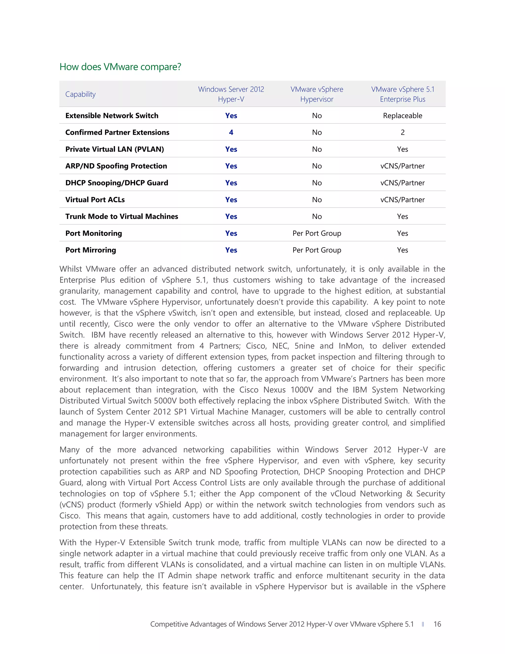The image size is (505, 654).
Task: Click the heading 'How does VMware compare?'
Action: (x=120, y=67)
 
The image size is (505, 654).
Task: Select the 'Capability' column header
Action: (x=80, y=94)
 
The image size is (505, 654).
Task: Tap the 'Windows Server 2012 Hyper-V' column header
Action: (x=231, y=94)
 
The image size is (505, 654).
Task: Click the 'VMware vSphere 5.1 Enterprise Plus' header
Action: (x=402, y=94)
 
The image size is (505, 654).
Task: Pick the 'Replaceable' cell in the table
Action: (x=402, y=116)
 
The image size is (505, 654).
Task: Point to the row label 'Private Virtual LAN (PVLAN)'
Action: (x=115, y=149)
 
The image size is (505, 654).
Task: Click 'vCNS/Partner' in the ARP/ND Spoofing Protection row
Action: (x=402, y=166)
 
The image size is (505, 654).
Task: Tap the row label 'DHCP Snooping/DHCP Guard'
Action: (x=117, y=183)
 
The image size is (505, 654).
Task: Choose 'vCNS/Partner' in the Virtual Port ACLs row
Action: (x=402, y=200)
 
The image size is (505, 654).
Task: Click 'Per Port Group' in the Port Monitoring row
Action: (x=317, y=233)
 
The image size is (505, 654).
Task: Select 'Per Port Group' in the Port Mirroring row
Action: (x=317, y=250)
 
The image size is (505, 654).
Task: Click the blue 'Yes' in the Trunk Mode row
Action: (x=231, y=216)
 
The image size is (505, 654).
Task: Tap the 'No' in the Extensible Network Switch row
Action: (x=317, y=116)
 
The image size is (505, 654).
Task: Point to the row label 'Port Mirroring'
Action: (x=91, y=250)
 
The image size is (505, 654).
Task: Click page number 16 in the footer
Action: (x=437, y=624)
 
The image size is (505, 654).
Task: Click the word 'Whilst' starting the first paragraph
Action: (x=70, y=269)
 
